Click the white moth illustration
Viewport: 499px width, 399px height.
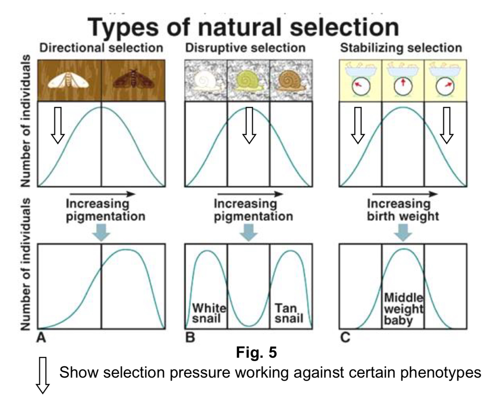69,80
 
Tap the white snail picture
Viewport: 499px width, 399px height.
206,81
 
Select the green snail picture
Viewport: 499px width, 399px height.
249,81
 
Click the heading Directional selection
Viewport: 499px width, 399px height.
101,48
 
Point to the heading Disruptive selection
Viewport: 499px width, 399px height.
245,48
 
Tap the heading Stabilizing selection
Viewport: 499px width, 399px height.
401,48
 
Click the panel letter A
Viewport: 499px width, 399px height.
41,338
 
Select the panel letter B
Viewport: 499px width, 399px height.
190,338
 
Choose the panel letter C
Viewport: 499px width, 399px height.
345,338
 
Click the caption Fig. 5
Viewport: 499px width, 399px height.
256,352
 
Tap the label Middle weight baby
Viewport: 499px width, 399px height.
403,309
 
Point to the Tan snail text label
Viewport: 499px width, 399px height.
288,313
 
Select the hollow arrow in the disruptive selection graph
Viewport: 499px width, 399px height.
249,125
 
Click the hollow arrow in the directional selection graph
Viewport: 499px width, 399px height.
58,125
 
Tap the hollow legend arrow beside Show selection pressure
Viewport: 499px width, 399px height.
42,376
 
